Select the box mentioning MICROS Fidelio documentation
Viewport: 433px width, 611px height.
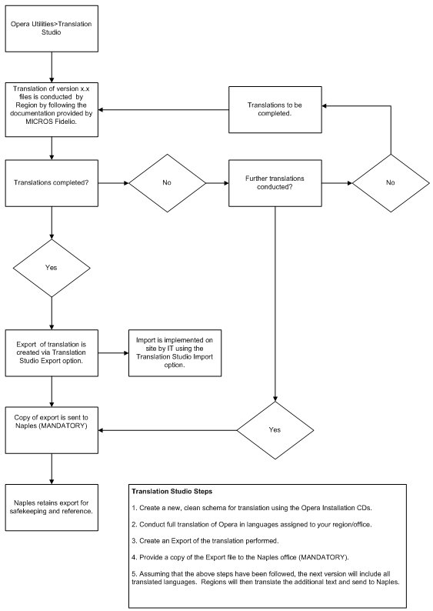[x=52, y=110]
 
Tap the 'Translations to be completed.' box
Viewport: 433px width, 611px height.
[x=275, y=110]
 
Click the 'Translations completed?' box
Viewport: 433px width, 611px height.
[x=52, y=183]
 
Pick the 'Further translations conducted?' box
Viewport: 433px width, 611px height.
[x=275, y=183]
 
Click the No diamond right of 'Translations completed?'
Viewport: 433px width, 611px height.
[x=167, y=183]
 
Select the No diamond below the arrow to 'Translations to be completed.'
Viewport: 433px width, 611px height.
[x=390, y=183]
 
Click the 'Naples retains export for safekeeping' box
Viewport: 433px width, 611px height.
[x=52, y=508]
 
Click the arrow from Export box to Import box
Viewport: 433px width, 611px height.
[x=113, y=353]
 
